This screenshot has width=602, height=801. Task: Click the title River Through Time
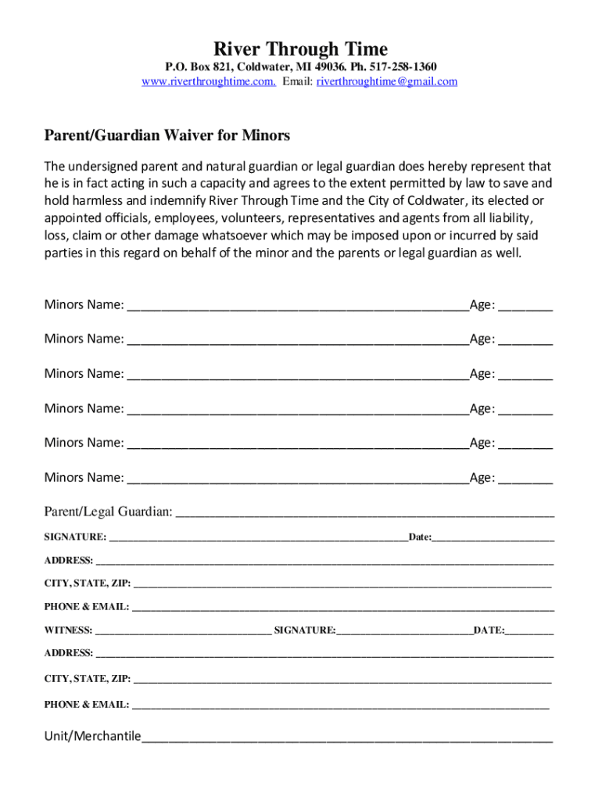(301, 49)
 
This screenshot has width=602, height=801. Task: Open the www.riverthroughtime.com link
(209, 81)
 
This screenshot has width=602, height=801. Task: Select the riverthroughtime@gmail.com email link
(387, 81)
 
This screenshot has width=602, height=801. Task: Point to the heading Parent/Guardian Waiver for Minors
(167, 135)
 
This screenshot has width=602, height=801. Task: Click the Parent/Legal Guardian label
(108, 512)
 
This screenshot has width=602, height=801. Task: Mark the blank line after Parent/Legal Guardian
(365, 514)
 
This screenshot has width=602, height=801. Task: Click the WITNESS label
(68, 630)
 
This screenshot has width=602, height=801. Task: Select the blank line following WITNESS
(182, 631)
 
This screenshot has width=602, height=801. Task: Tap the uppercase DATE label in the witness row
(488, 630)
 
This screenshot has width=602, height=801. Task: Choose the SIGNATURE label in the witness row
(305, 630)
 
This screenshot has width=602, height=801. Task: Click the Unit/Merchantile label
(92, 736)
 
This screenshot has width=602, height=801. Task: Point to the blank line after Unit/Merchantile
(347, 738)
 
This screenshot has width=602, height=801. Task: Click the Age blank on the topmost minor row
(525, 307)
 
